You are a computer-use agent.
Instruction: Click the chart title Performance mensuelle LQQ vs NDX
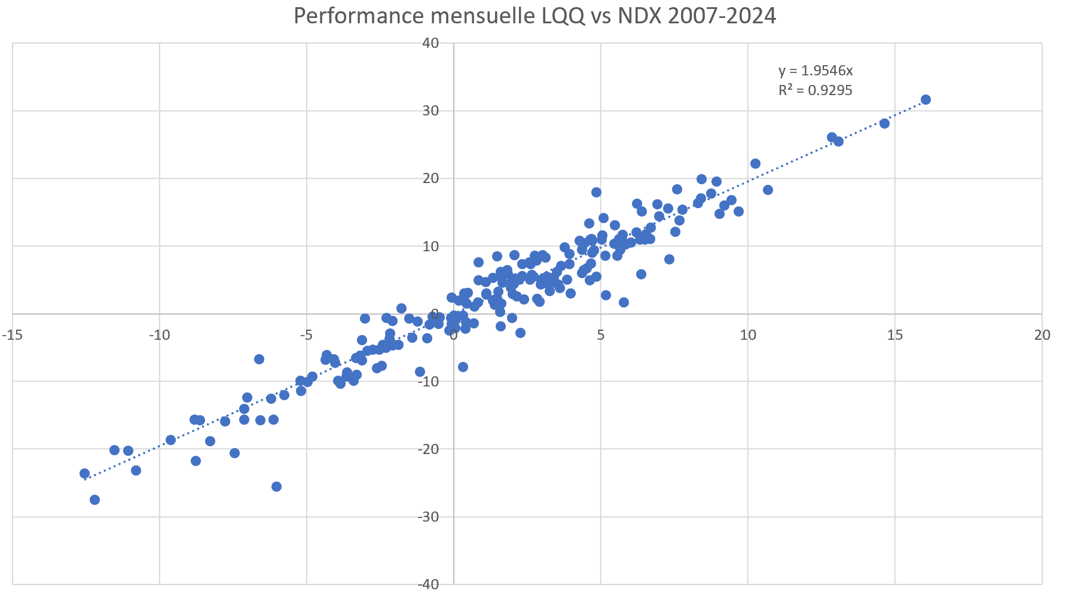pyautogui.click(x=535, y=16)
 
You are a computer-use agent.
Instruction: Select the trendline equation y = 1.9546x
pyautogui.click(x=815, y=71)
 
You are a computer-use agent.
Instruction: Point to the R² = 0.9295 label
pyautogui.click(x=815, y=90)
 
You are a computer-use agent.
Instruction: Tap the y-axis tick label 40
pyautogui.click(x=431, y=43)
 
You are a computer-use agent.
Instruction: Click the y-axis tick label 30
pyautogui.click(x=431, y=111)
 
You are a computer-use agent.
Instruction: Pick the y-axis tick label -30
pyautogui.click(x=429, y=517)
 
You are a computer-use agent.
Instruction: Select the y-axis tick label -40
pyautogui.click(x=429, y=584)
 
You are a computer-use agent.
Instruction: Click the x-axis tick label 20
pyautogui.click(x=1042, y=335)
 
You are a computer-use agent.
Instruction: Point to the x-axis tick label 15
pyautogui.click(x=894, y=335)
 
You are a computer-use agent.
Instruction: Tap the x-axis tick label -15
pyautogui.click(x=13, y=335)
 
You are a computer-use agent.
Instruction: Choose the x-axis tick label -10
pyautogui.click(x=159, y=335)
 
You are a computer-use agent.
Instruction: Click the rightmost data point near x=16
pyautogui.click(x=926, y=99)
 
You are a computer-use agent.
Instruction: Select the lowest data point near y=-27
pyautogui.click(x=94, y=500)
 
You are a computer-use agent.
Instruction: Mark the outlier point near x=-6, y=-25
pyautogui.click(x=276, y=486)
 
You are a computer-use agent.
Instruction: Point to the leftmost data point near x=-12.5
pyautogui.click(x=84, y=473)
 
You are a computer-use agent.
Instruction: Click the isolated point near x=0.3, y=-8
pyautogui.click(x=463, y=367)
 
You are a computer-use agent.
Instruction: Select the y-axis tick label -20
pyautogui.click(x=429, y=449)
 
